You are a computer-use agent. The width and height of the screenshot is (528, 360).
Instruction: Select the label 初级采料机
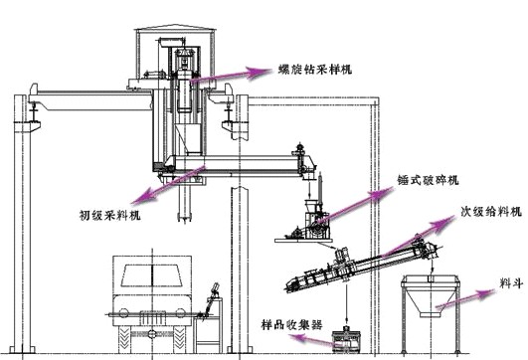pyautogui.click(x=111, y=213)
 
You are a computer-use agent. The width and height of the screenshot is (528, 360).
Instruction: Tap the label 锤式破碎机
pyautogui.click(x=418, y=183)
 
